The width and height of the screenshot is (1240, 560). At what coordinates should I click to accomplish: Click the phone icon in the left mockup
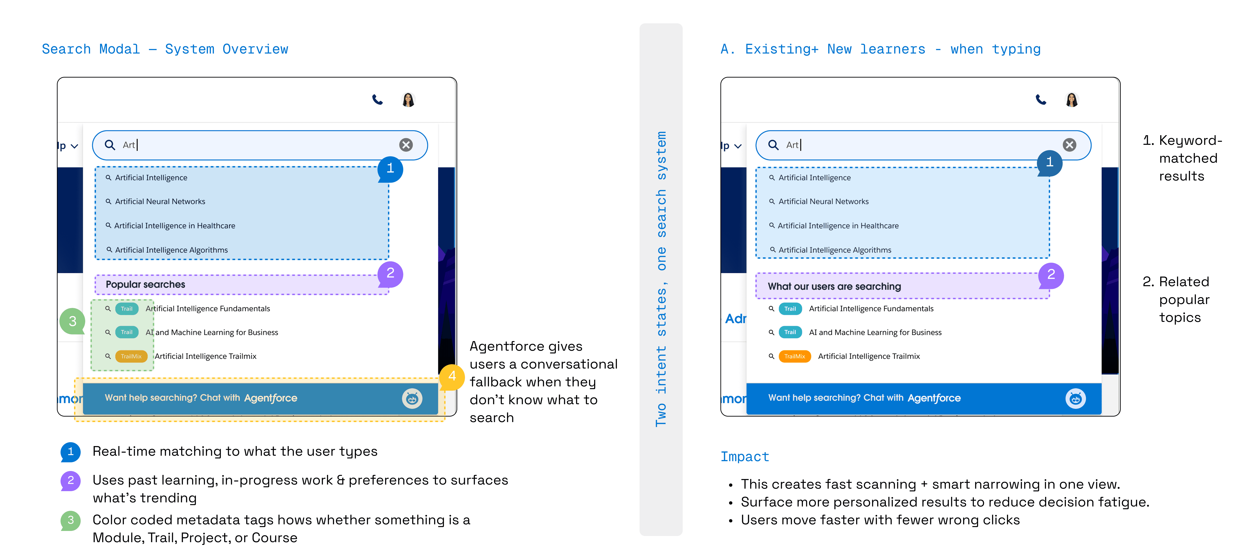tap(377, 100)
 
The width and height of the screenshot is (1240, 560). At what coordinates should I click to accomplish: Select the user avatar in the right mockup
tap(1072, 100)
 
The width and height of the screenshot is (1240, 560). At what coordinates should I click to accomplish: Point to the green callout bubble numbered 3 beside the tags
tap(72, 321)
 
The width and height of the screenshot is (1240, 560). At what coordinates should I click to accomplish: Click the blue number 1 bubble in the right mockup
tap(1049, 162)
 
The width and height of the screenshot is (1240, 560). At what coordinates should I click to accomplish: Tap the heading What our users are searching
tap(834, 286)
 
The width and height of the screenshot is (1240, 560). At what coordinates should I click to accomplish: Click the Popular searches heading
tap(145, 284)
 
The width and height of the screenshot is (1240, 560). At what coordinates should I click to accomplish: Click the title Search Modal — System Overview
tap(165, 49)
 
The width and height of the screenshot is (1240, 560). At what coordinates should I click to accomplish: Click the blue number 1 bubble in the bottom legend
tap(70, 452)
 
